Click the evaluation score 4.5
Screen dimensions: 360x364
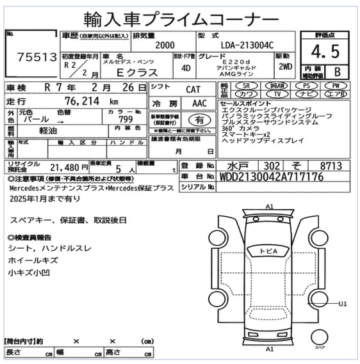click(x=325, y=52)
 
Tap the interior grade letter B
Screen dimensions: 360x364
click(x=337, y=72)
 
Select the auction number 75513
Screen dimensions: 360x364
click(x=37, y=57)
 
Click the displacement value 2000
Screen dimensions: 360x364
click(x=165, y=45)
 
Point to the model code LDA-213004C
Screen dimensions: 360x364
click(x=247, y=45)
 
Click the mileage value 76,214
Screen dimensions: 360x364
click(x=82, y=101)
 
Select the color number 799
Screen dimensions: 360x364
click(x=126, y=120)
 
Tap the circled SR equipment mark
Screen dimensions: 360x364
click(x=247, y=86)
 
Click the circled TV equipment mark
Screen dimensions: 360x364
click(x=277, y=94)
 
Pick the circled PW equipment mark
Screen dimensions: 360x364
click(x=336, y=86)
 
